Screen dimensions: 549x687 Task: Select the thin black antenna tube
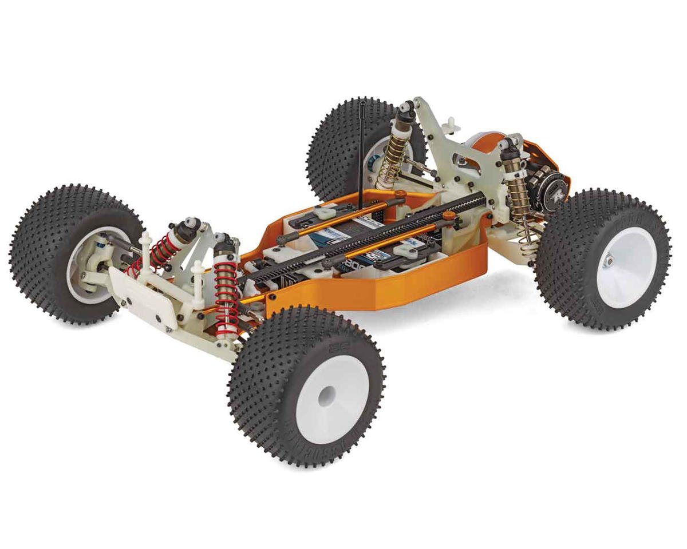click(x=362, y=149)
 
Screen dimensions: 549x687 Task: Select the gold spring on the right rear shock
click(x=520, y=194)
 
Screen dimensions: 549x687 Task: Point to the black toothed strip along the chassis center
click(x=366, y=234)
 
